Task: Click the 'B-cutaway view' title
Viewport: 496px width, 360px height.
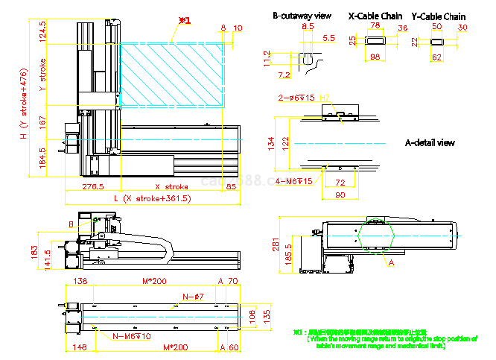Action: [302, 15]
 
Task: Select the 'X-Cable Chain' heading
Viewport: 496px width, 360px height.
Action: [375, 15]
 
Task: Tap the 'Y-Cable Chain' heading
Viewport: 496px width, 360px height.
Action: [438, 16]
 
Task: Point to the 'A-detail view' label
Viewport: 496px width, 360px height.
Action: [429, 142]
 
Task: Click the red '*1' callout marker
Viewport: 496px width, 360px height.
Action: [185, 21]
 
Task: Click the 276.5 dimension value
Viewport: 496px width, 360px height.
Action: [92, 186]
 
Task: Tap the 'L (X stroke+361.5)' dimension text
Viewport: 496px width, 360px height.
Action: [152, 199]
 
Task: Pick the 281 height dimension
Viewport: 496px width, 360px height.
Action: [276, 246]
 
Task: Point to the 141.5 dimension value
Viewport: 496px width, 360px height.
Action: [48, 259]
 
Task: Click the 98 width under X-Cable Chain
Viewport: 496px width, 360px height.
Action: [375, 57]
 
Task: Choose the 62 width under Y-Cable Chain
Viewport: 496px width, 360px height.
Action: [437, 57]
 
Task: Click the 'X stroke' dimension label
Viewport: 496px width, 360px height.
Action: [171, 186]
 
